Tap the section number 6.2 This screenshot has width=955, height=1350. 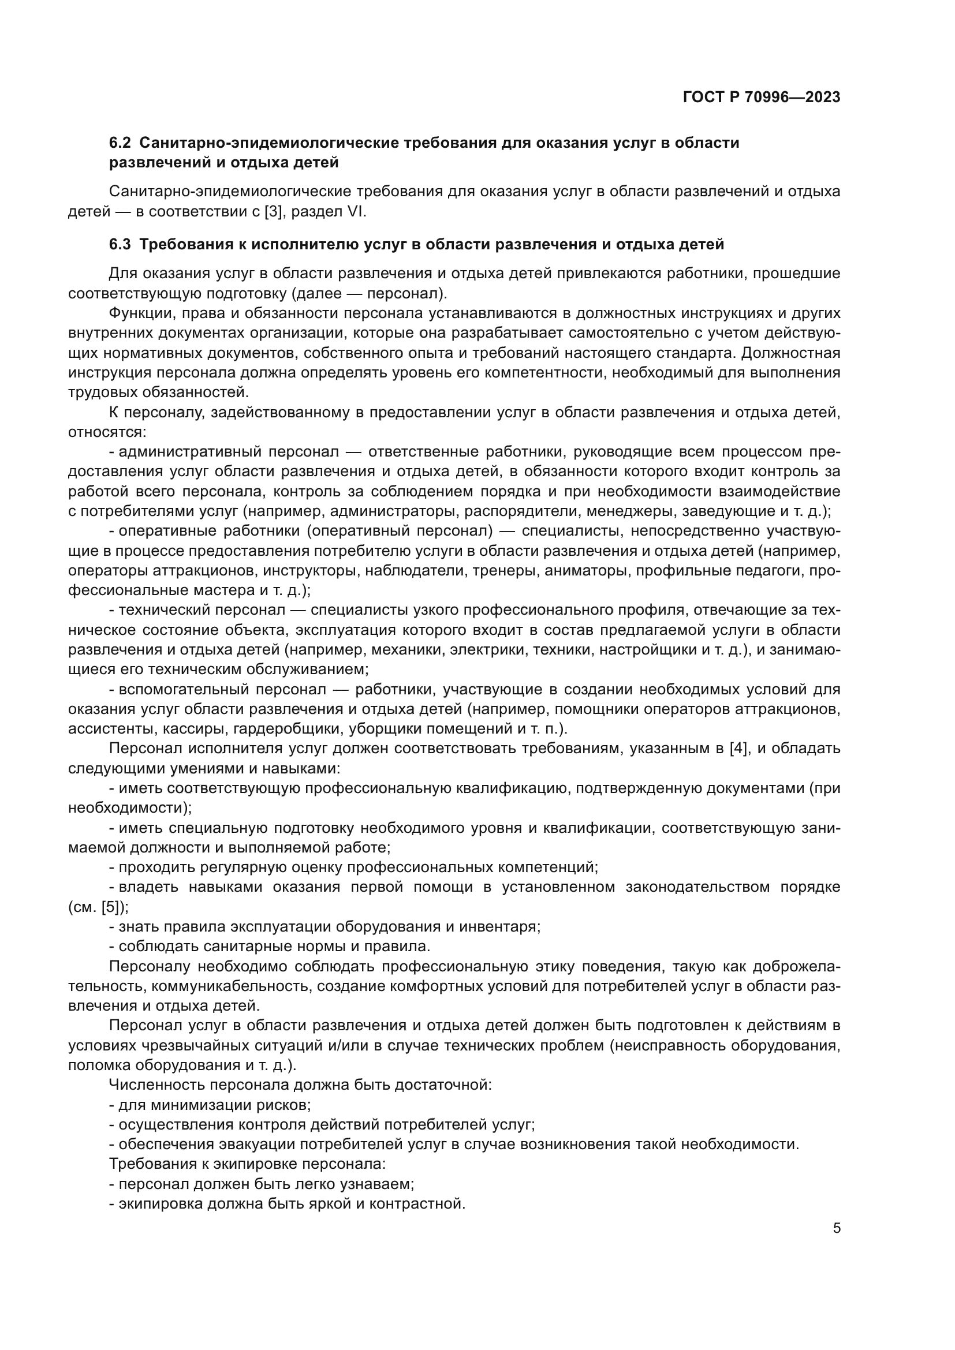[x=120, y=143]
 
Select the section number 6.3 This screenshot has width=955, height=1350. [x=120, y=245]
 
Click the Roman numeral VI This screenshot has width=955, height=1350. [x=355, y=212]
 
